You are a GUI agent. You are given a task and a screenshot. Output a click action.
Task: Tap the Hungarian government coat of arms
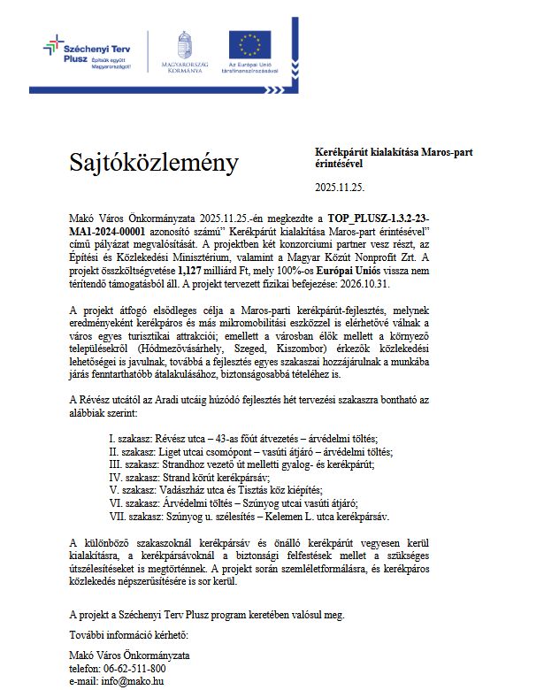184,47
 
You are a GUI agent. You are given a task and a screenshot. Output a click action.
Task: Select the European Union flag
250,44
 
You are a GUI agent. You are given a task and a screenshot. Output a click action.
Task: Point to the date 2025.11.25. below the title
340,188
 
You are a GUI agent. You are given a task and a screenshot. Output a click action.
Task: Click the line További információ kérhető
128,634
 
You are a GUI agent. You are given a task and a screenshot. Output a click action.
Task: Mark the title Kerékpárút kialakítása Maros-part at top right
395,152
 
